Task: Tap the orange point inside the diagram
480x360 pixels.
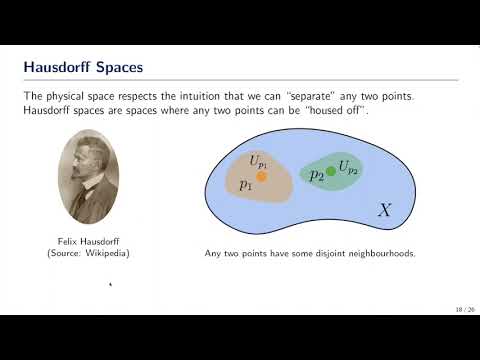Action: pyautogui.click(x=262, y=175)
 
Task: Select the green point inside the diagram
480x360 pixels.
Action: pyautogui.click(x=331, y=172)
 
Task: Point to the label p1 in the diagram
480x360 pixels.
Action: pyautogui.click(x=246, y=185)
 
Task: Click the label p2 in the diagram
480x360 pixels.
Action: pyautogui.click(x=316, y=175)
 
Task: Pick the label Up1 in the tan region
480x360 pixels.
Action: pyautogui.click(x=259, y=160)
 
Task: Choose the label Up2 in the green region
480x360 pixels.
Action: pyautogui.click(x=349, y=167)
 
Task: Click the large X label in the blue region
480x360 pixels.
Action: pyautogui.click(x=385, y=210)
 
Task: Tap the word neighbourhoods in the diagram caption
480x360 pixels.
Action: pyautogui.click(x=382, y=253)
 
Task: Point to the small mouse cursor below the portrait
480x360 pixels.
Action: pyautogui.click(x=110, y=285)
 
